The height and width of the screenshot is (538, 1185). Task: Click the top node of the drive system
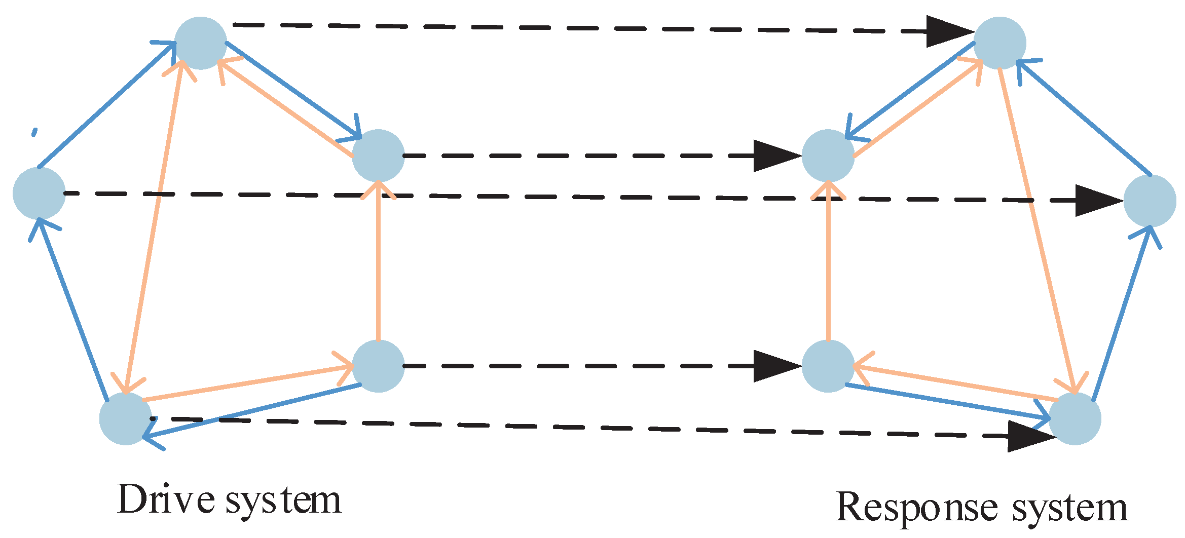201,43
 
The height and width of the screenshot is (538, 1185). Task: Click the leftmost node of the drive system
39,194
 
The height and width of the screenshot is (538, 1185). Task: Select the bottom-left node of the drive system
125,419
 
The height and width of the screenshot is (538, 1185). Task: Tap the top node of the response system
999,43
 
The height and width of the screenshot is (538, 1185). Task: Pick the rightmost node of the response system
1150,201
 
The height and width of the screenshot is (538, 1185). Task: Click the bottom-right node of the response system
1075,419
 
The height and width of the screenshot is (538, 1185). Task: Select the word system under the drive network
283,502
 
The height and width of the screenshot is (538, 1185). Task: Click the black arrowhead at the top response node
948,31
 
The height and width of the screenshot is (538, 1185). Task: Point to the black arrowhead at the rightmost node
1097,201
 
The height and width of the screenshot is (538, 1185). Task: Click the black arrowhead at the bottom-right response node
1029,436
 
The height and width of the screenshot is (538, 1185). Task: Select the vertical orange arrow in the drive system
378,263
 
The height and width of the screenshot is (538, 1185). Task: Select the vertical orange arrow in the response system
828,263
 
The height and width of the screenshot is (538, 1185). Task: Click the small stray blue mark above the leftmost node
34,132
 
